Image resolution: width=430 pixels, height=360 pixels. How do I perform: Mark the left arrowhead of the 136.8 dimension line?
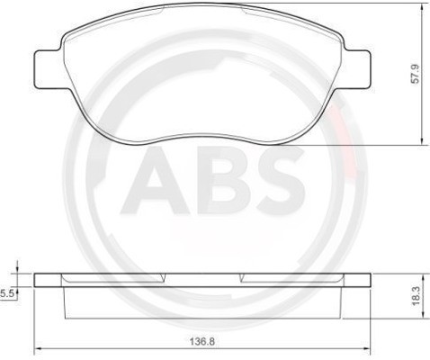37,350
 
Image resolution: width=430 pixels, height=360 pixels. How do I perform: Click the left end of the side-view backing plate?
37,280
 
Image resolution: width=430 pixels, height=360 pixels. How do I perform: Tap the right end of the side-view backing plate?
370,280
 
